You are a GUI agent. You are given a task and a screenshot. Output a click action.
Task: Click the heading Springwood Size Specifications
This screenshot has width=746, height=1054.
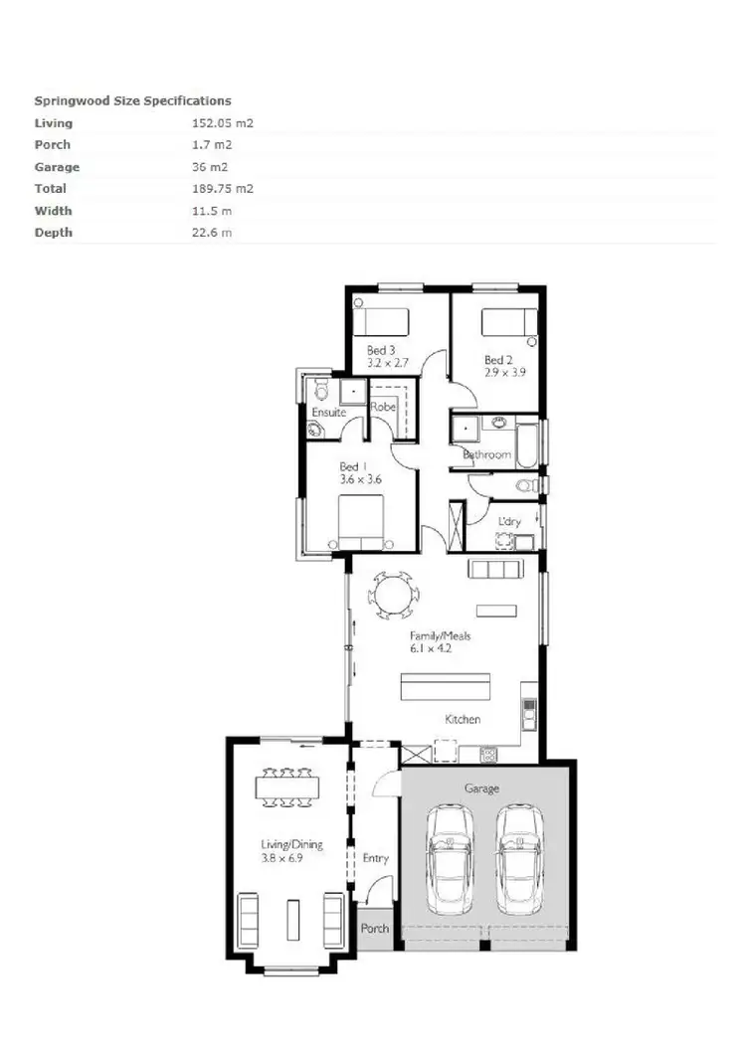[x=132, y=100]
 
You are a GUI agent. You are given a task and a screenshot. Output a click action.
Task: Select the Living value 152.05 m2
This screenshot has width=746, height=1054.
[x=222, y=123]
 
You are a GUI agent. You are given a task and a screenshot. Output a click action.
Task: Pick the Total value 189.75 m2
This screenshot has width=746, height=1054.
[x=222, y=189]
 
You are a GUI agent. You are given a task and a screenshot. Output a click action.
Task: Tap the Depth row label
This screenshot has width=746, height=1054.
[x=54, y=233]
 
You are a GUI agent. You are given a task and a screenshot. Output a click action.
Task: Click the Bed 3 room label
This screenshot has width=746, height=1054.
[x=382, y=350]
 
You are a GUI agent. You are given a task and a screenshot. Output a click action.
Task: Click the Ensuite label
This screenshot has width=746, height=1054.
[x=328, y=412]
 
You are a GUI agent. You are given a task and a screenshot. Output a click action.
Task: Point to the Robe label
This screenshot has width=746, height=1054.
[x=384, y=407]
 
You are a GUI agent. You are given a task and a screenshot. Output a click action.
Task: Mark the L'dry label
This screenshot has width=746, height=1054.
[x=508, y=521]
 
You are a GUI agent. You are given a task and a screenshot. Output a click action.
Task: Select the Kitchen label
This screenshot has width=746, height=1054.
[x=463, y=719]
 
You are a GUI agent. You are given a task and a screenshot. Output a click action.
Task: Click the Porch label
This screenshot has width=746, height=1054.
[x=375, y=929]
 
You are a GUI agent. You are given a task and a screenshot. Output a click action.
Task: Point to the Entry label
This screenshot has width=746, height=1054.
[x=375, y=858]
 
